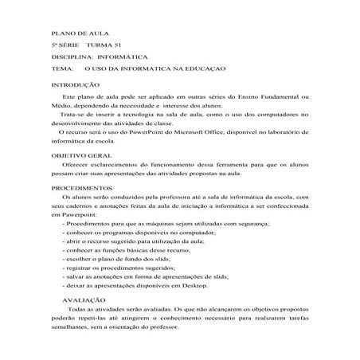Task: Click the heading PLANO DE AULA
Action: coord(76,35)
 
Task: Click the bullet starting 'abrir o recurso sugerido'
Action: coord(131,240)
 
